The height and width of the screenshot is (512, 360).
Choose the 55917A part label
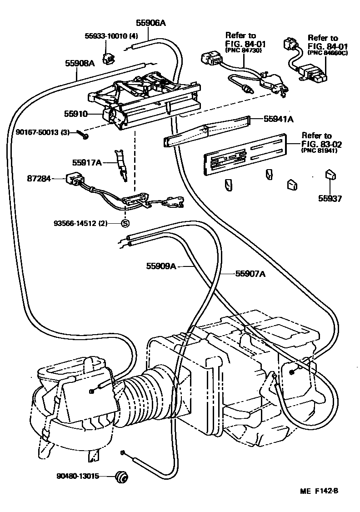87,162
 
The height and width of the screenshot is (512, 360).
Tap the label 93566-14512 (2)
80,223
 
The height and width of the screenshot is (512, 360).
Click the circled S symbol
125,223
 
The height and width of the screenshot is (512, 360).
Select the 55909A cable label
161,266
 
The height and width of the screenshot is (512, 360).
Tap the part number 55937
330,198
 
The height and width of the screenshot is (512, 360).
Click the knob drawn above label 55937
330,176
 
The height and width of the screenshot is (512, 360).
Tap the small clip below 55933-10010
109,58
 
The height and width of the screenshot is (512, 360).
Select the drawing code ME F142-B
319,491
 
